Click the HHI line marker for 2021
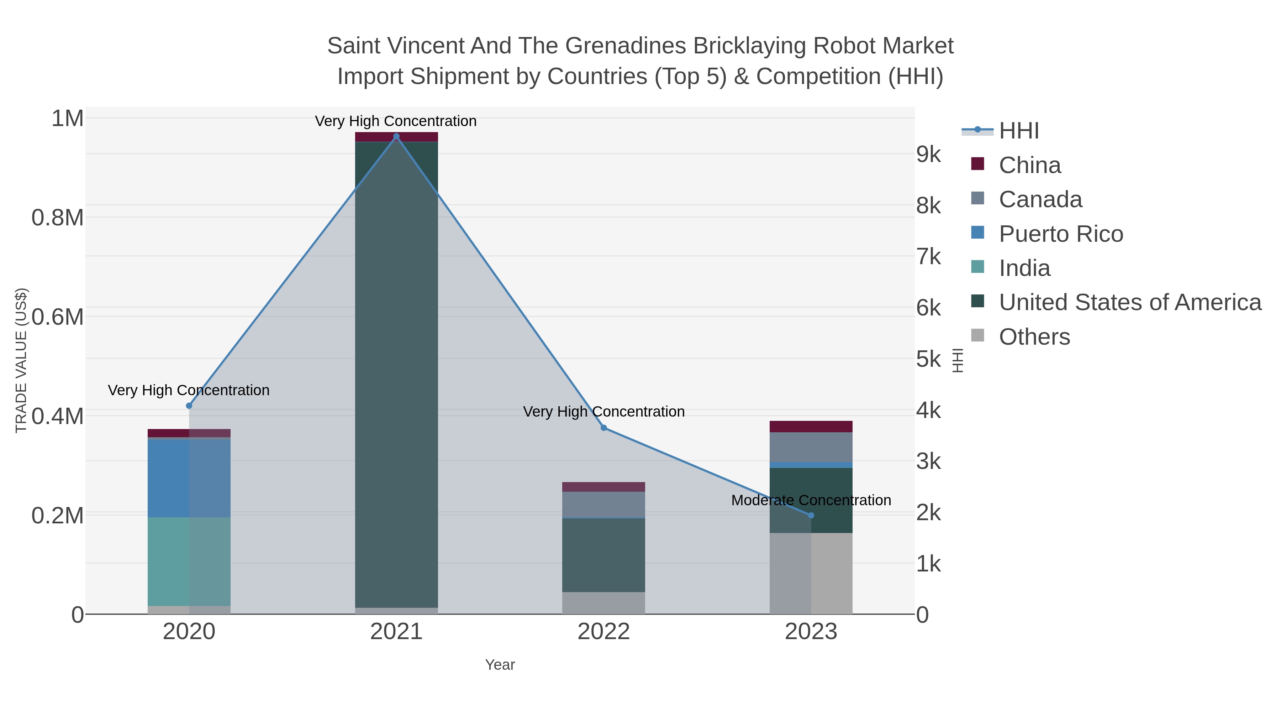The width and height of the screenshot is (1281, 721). pos(396,136)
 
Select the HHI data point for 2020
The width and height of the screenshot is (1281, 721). pos(189,406)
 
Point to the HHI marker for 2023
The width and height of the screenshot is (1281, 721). pos(811,516)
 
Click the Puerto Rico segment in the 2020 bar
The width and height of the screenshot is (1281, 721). pos(189,478)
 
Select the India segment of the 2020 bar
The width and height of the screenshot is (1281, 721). pos(189,561)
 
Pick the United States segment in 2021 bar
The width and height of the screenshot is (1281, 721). pos(396,373)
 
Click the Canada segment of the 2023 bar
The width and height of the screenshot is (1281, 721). pos(811,447)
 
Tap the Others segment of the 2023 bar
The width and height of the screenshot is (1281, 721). pos(811,573)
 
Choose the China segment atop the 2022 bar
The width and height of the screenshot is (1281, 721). pos(604,487)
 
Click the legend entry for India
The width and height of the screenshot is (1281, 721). pos(1024,268)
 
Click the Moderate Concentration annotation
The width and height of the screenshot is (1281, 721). pos(811,500)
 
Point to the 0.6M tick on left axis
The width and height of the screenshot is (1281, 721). pos(58,317)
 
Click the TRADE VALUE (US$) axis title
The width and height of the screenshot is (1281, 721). pos(21,360)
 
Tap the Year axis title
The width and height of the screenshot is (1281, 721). pos(500,665)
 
